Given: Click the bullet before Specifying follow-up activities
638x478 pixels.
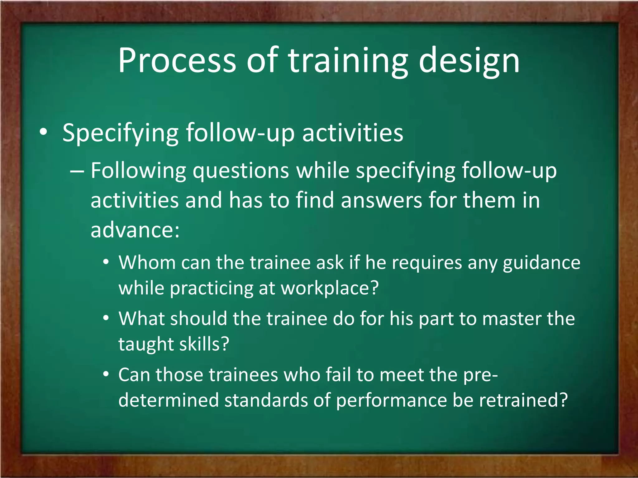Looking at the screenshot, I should (43, 132).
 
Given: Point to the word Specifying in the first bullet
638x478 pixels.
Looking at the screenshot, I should (120, 133).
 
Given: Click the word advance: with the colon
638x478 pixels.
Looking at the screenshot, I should (135, 230).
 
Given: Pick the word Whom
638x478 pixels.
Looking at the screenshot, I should (147, 262).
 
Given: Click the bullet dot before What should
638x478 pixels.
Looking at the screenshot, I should (106, 318).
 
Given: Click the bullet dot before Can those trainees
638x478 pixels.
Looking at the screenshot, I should (106, 374).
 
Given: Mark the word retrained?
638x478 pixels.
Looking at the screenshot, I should (523, 400).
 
